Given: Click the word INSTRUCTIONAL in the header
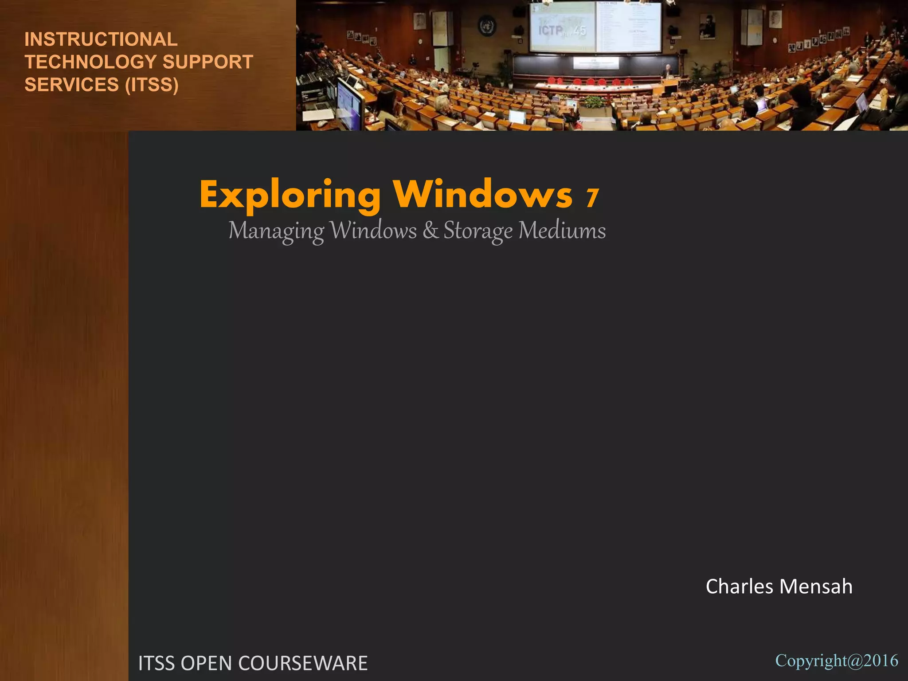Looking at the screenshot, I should coord(101,39).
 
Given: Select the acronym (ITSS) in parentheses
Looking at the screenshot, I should coord(152,85).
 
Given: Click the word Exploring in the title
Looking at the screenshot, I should coord(290,196).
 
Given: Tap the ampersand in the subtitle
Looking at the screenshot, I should coord(430,231).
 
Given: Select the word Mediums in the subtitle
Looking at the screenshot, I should coord(562,231).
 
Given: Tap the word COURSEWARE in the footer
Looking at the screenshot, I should coord(303,663).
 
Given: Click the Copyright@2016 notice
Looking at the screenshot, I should coord(836,661).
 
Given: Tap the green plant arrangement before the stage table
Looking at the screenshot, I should coord(593,102).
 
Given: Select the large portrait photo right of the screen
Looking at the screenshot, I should coord(708,26).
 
